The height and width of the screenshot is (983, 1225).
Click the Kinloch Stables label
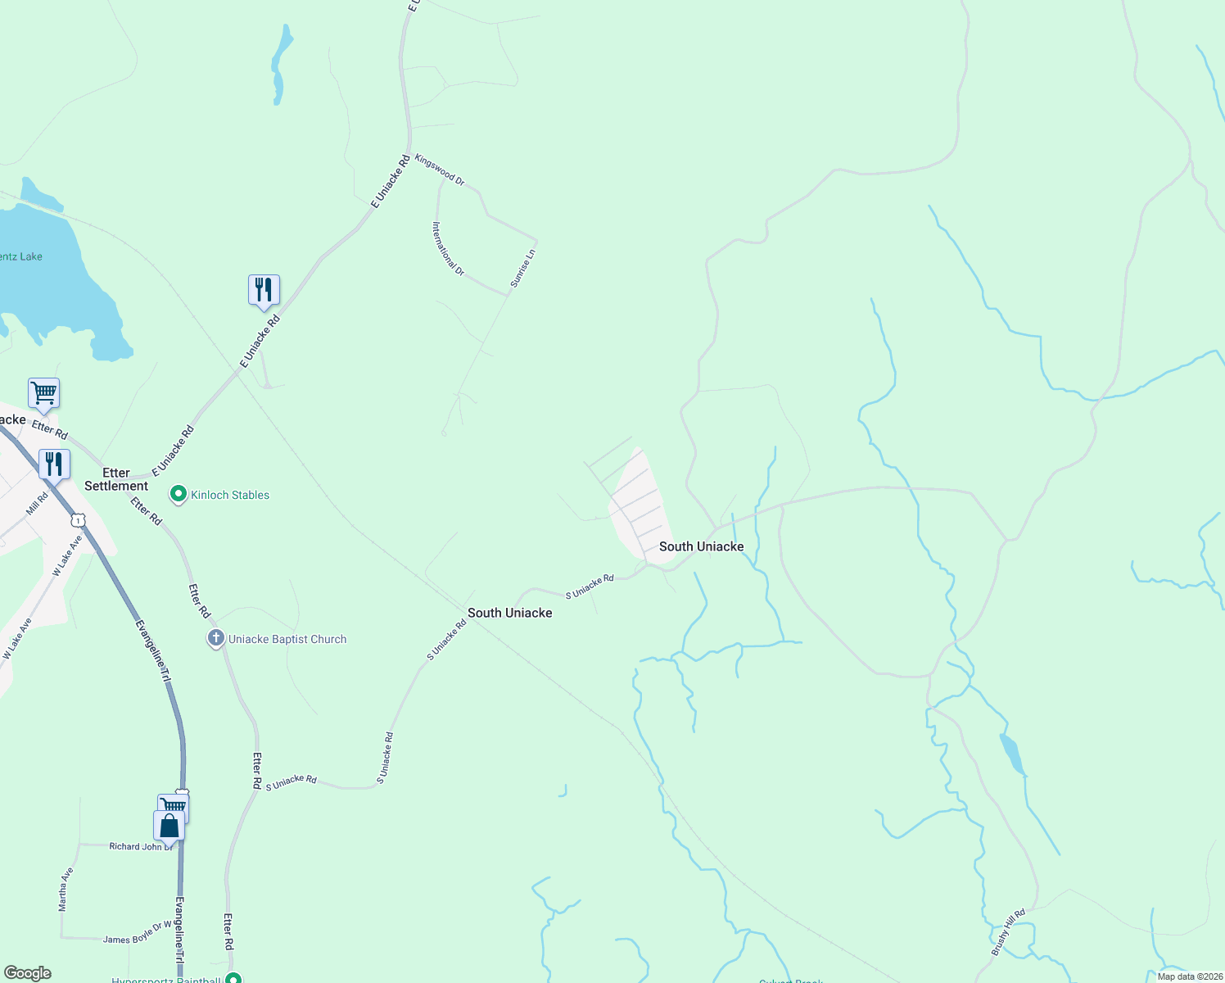click(230, 495)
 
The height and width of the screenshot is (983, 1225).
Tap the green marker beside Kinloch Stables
click(178, 494)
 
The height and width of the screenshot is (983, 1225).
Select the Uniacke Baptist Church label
click(287, 639)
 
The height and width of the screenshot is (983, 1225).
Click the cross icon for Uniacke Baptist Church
click(216, 638)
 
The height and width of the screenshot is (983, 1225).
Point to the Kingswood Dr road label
click(440, 170)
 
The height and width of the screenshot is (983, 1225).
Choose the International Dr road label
click(449, 248)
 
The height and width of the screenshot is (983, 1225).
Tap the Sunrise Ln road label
click(523, 268)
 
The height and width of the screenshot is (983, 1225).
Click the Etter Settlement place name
click(116, 479)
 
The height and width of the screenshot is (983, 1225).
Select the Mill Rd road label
click(37, 503)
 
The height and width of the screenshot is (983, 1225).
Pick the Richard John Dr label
click(140, 846)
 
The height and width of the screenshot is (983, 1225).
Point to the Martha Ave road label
click(66, 890)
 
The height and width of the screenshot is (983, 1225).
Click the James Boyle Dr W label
click(137, 935)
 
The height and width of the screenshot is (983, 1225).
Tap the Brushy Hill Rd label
click(1008, 931)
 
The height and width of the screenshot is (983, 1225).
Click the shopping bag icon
click(169, 827)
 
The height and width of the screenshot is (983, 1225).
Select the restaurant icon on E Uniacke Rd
click(264, 290)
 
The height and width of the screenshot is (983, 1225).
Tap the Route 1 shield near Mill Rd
click(78, 520)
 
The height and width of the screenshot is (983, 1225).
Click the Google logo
click(28, 973)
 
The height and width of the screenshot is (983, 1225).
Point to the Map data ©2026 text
click(1189, 976)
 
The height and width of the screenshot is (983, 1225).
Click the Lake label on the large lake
click(21, 256)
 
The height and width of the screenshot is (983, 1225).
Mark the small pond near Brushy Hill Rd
click(1011, 754)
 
